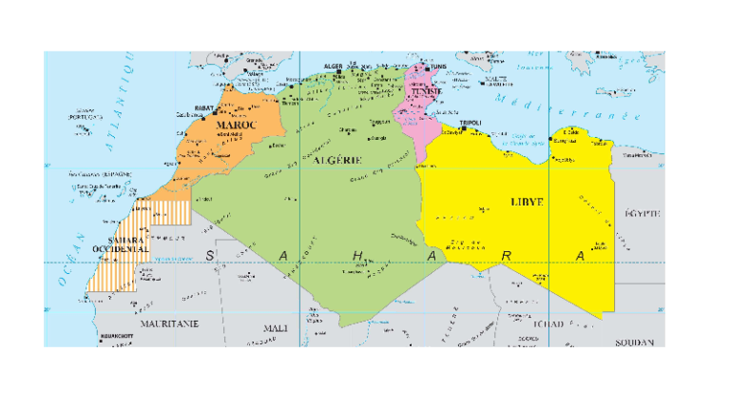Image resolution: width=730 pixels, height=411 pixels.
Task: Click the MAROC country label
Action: [x=234, y=125]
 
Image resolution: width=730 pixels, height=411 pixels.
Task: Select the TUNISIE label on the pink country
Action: [x=419, y=92]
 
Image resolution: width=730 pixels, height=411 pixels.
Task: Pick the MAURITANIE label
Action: [x=169, y=323]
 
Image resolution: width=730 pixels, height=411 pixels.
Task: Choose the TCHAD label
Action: [x=551, y=324]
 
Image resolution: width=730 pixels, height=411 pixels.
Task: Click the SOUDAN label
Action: [x=636, y=341]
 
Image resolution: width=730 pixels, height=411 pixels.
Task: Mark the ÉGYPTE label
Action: [x=643, y=213]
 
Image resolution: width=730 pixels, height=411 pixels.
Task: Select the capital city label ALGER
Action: [x=334, y=67]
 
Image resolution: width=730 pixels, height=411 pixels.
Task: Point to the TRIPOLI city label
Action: [x=470, y=123]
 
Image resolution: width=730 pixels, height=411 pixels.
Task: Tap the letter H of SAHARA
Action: [x=357, y=255]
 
